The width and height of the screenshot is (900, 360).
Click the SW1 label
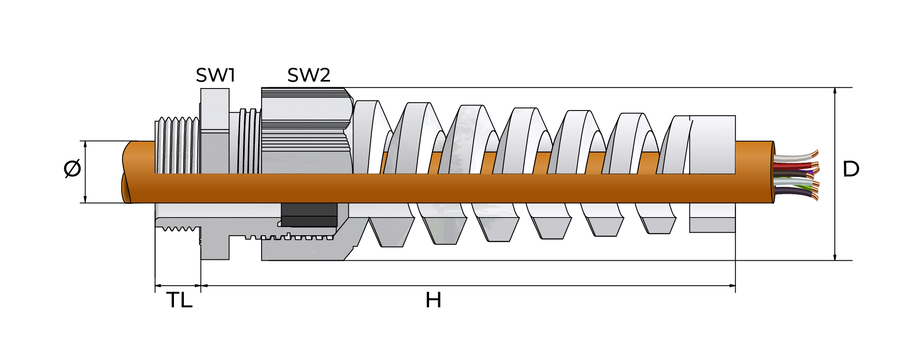tap(215, 76)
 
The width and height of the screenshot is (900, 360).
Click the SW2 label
tap(309, 76)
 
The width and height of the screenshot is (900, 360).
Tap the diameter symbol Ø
tap(72, 168)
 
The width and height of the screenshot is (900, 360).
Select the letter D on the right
tap(851, 169)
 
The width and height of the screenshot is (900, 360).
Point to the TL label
tap(179, 300)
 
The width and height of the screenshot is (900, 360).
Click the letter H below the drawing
tap(433, 300)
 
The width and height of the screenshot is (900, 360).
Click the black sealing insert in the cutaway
tap(309, 215)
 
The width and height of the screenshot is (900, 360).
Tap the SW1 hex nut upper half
tap(215, 129)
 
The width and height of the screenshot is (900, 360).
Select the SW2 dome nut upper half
tap(304, 129)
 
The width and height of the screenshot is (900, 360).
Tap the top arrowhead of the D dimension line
tap(835, 91)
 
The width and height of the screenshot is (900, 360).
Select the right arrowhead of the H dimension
tap(732, 285)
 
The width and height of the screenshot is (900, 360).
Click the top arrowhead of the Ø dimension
tap(85, 144)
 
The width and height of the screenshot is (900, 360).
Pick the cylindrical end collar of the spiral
tap(712, 145)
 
